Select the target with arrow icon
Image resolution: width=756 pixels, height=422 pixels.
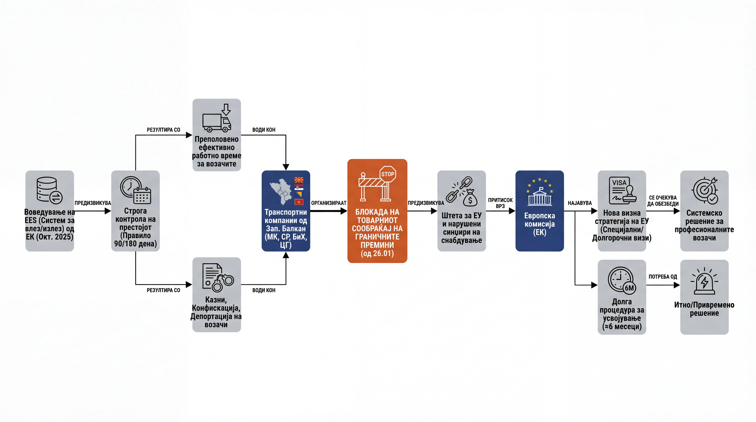pyautogui.click(x=704, y=190)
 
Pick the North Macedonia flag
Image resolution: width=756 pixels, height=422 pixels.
pyautogui.click(x=299, y=180)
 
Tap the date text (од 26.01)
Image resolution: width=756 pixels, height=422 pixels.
pyautogui.click(x=377, y=253)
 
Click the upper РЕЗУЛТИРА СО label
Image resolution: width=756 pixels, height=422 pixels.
pyautogui.click(x=163, y=130)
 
